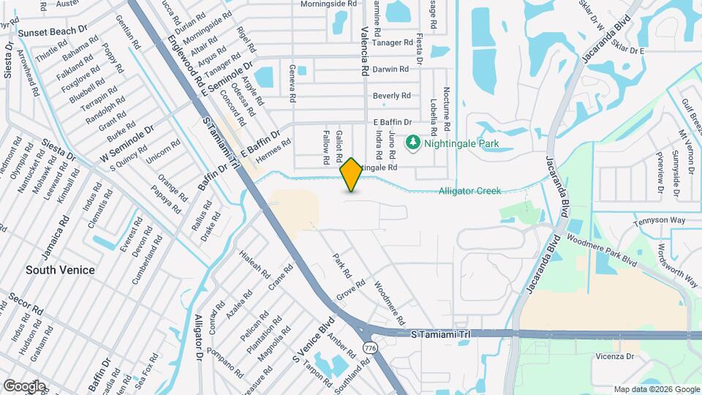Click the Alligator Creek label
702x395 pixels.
(x=469, y=191)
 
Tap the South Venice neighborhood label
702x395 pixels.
(x=60, y=270)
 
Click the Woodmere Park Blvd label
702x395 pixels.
(x=606, y=251)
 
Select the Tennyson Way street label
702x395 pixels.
(x=659, y=220)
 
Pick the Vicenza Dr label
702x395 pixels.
(x=614, y=356)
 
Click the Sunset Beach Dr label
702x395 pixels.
(x=53, y=32)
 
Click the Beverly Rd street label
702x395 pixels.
(x=392, y=96)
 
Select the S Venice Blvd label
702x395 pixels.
(x=313, y=340)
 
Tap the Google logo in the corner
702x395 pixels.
(x=24, y=385)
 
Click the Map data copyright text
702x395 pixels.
(x=656, y=389)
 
